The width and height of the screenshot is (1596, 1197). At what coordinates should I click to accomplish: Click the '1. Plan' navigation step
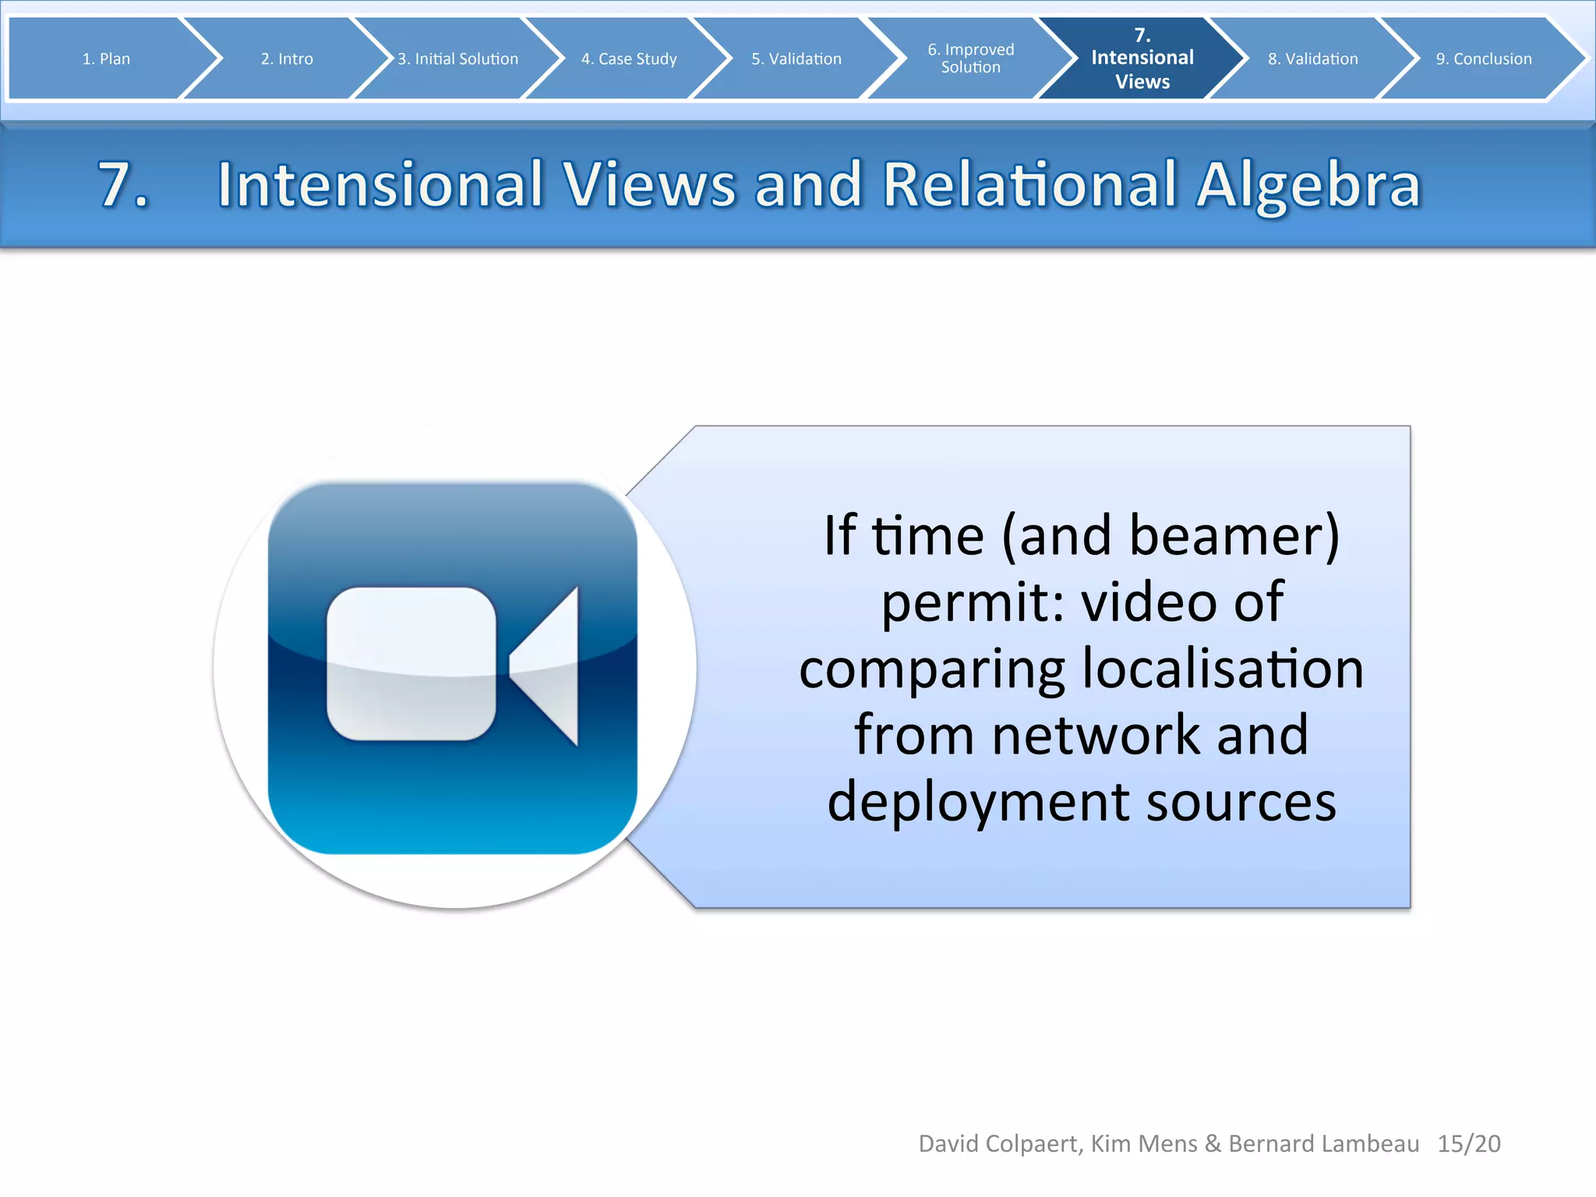pos(106,58)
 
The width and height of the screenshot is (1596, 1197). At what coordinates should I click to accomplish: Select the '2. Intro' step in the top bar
pos(287,58)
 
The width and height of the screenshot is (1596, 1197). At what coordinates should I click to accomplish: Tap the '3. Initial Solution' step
pos(457,58)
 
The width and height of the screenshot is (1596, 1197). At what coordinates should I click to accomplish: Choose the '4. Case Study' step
pos(629,58)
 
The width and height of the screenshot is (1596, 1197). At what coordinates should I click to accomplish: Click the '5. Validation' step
pos(796,58)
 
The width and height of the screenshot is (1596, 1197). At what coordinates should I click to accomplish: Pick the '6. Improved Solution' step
pos(970,58)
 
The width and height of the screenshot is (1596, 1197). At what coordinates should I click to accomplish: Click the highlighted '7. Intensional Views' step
pos(1142,58)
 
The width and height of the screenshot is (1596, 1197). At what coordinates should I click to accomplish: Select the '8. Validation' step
pos(1312,58)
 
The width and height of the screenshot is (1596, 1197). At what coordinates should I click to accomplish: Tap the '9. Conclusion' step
pos(1483,58)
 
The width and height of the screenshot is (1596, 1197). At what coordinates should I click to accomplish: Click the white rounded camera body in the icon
pos(411,663)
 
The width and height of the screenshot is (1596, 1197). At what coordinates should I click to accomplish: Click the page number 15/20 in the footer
pos(1468,1143)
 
